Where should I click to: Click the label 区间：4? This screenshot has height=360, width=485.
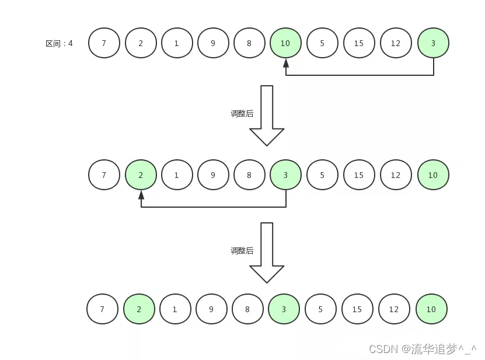pos(59,43)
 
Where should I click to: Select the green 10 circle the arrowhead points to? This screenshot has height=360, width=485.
pos(285,43)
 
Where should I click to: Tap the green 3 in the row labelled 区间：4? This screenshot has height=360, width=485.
pos(433,43)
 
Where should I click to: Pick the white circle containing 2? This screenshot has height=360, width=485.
pos(141,43)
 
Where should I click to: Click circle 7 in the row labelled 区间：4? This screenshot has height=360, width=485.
pos(104,43)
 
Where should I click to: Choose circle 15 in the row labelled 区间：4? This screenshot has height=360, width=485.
pos(359,43)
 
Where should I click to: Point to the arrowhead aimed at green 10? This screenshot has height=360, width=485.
pos(286,62)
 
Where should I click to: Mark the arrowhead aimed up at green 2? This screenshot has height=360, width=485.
pos(141,194)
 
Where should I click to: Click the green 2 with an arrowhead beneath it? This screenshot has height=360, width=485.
pos(141,175)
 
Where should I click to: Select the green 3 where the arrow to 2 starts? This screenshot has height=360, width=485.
pos(285,175)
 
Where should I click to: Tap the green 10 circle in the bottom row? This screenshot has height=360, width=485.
pos(431,309)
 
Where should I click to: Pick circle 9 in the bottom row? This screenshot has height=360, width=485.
pos(211,309)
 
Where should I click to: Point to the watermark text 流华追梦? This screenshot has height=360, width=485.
pos(434,349)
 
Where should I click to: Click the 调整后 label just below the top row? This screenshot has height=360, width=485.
pos(242,114)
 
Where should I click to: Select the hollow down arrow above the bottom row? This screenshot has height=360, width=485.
pos(267,252)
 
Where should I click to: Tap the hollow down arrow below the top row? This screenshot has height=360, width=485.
pos(267,115)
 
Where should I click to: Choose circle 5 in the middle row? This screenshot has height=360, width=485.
pos(322,175)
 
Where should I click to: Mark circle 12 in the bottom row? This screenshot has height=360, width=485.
pos(394,309)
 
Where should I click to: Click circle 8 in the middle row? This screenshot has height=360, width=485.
pos(249,175)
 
